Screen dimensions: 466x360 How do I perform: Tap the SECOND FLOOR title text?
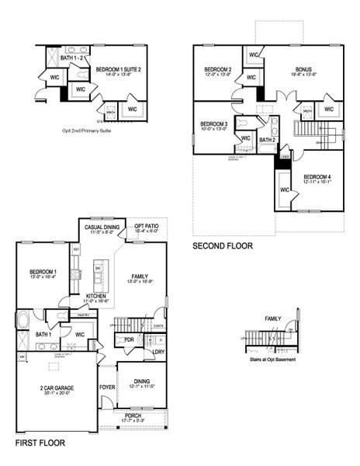click(x=223, y=246)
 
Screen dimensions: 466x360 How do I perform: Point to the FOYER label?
click(x=106, y=386)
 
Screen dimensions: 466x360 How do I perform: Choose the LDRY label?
click(x=158, y=352)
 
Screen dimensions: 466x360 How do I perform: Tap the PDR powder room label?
click(x=129, y=340)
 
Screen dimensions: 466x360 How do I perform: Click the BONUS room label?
click(x=303, y=69)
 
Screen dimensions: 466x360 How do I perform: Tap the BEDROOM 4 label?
click(x=317, y=176)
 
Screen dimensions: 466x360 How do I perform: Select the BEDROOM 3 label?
click(x=213, y=124)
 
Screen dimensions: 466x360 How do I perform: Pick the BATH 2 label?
click(x=267, y=140)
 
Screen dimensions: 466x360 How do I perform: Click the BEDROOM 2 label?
click(x=218, y=69)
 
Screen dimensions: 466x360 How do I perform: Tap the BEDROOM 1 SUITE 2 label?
click(x=119, y=69)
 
